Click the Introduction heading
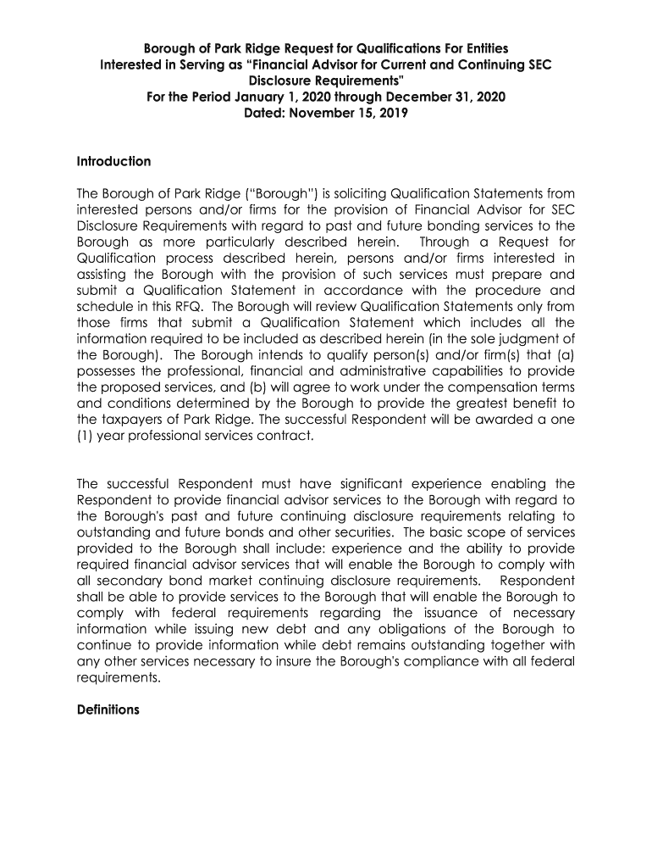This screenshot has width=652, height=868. click(x=113, y=161)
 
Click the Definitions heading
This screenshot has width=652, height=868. click(x=108, y=709)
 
